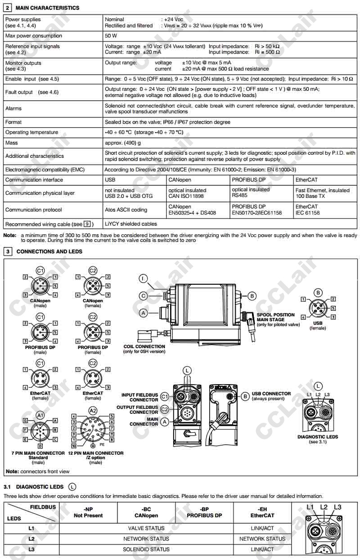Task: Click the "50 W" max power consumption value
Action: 111,36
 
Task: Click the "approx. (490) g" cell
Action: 123,143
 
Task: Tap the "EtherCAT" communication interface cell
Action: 306,179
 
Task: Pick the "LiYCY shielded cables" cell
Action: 131,224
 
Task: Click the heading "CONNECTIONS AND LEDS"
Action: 49,251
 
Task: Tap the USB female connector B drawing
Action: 319,309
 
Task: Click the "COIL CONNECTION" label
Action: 144,346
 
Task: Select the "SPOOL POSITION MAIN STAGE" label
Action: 276,317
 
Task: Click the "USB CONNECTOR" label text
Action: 271,394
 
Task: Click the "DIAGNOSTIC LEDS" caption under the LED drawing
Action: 318,437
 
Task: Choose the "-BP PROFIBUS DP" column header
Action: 205,512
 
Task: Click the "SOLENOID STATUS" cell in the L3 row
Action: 146,549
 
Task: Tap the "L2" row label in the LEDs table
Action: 31,538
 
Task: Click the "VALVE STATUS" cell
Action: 146,528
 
